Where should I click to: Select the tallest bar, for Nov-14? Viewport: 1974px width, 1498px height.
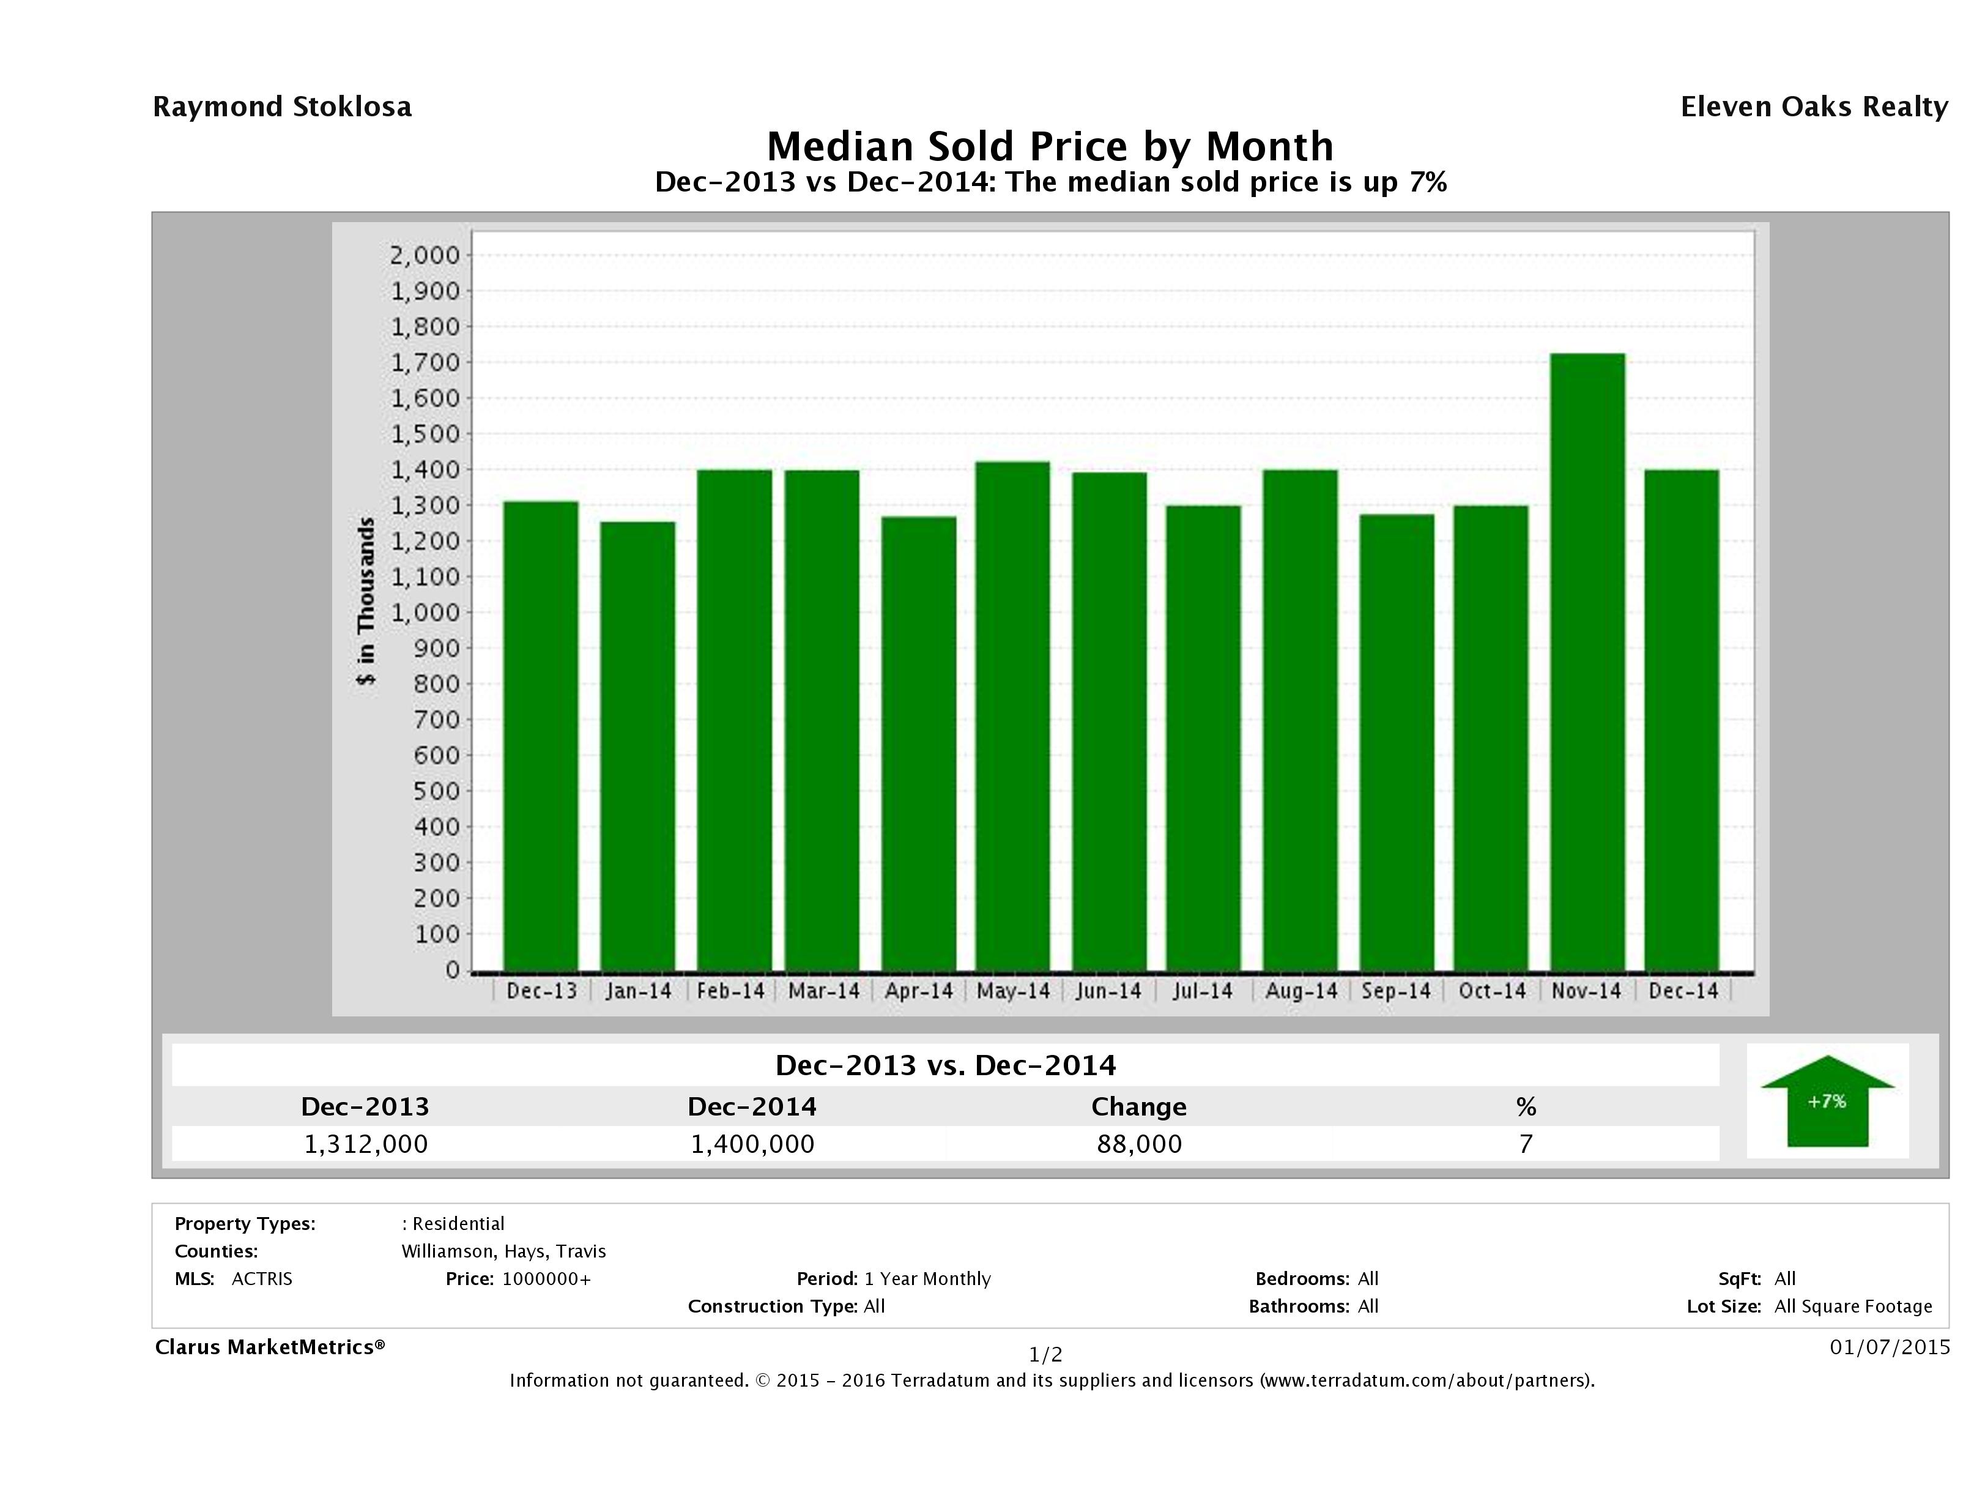[1587, 661]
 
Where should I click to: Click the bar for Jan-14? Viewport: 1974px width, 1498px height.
[637, 745]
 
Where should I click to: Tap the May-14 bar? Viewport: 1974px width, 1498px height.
[1013, 714]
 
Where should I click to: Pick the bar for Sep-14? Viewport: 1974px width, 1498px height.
[1397, 741]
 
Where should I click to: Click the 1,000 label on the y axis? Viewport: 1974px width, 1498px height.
[424, 613]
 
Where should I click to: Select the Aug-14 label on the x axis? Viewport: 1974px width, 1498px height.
[1301, 991]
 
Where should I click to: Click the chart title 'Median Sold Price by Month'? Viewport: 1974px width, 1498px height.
[1050, 146]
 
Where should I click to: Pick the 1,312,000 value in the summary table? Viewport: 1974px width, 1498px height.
[366, 1144]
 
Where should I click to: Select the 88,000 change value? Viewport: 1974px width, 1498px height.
[1140, 1144]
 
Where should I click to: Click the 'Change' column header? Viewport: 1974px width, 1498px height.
[1139, 1107]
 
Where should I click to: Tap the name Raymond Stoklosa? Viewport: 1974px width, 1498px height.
[282, 107]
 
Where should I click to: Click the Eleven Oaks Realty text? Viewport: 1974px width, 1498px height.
[1813, 107]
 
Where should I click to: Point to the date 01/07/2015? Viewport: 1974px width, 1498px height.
[1889, 1346]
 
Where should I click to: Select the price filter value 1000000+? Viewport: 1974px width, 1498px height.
[546, 1278]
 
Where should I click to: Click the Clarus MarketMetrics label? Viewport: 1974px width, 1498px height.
[270, 1347]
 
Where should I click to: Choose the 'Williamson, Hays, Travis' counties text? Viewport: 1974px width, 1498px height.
[503, 1251]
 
